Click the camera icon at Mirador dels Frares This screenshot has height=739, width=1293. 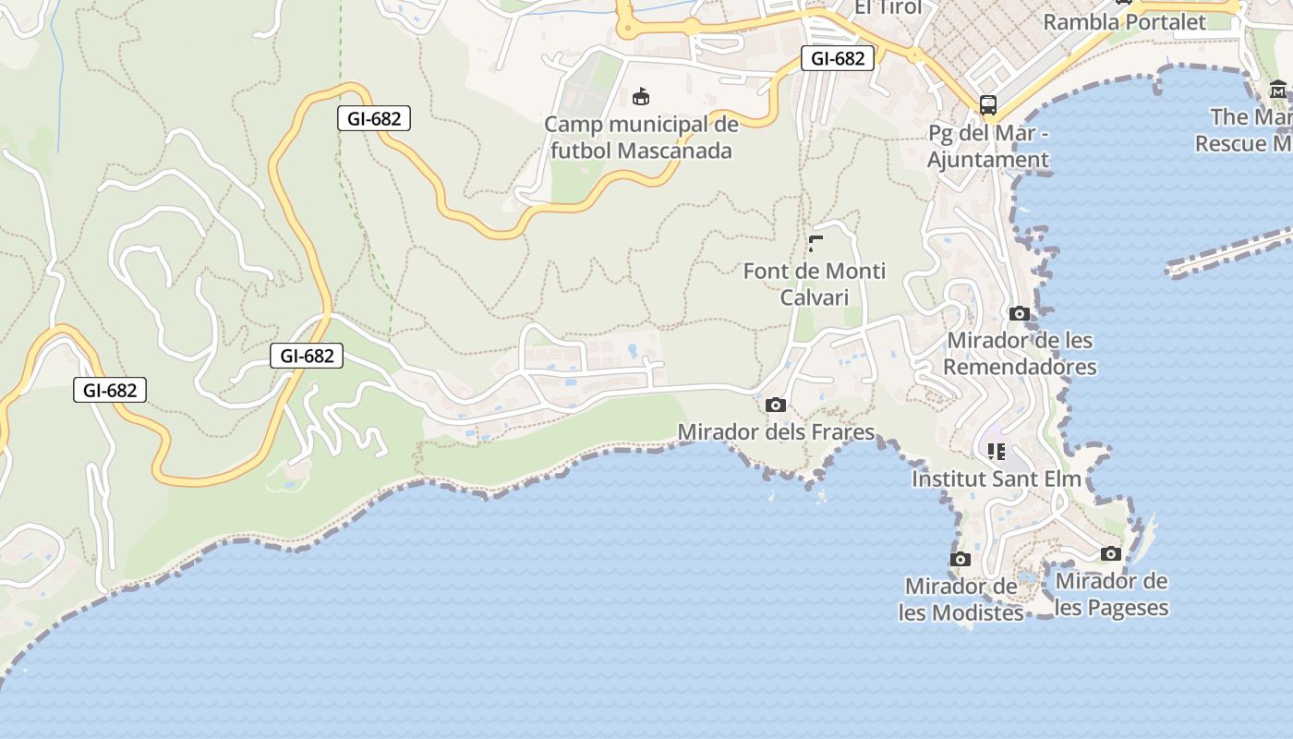pyautogui.click(x=776, y=405)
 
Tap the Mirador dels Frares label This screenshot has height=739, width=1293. pyautogui.click(x=776, y=431)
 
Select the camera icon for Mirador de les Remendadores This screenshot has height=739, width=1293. pyautogui.click(x=1020, y=313)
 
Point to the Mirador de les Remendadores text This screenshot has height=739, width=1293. pyautogui.click(x=1021, y=354)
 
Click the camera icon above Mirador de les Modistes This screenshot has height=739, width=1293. pyautogui.click(x=961, y=559)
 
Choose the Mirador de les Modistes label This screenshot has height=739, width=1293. pyautogui.click(x=961, y=599)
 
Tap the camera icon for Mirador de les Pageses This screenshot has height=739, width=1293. pyautogui.click(x=1111, y=553)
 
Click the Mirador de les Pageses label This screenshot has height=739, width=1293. pyautogui.click(x=1112, y=594)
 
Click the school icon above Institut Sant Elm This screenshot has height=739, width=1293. pyautogui.click(x=997, y=451)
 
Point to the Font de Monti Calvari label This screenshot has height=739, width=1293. pyautogui.click(x=814, y=284)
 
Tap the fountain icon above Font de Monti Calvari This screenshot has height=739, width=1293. pyautogui.click(x=815, y=244)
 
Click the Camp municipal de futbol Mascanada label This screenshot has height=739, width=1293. pyautogui.click(x=642, y=137)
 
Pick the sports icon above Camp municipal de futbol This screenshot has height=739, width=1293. pyautogui.click(x=640, y=96)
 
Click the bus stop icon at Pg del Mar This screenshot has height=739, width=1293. pyautogui.click(x=988, y=104)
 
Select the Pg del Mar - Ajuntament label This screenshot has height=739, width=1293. pyautogui.click(x=988, y=147)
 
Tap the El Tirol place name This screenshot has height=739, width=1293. pyautogui.click(x=888, y=7)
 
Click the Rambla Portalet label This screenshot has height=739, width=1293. pyautogui.click(x=1124, y=21)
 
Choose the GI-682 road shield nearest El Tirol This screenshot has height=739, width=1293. pyautogui.click(x=837, y=58)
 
